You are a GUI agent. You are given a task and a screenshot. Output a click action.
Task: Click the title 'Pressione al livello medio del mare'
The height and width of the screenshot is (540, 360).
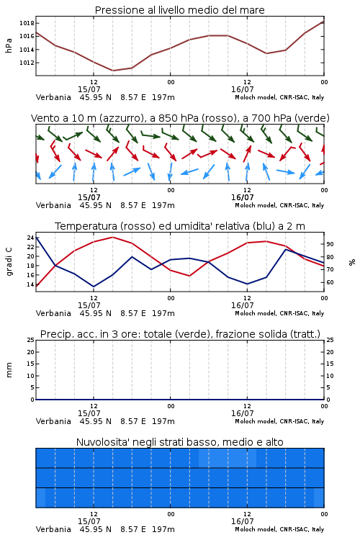click(179, 10)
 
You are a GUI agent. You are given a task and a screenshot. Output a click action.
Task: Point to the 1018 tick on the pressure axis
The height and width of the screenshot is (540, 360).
click(27, 24)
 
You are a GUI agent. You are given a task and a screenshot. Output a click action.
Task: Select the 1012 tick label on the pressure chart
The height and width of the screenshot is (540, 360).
click(27, 63)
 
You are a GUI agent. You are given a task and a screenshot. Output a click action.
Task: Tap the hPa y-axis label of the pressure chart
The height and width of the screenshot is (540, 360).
click(9, 45)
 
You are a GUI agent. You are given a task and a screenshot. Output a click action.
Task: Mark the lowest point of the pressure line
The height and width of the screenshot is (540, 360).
click(112, 71)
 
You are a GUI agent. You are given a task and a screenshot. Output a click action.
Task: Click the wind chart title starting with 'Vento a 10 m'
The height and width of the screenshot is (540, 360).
click(180, 118)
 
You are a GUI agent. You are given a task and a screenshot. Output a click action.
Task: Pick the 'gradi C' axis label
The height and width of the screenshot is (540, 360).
click(9, 261)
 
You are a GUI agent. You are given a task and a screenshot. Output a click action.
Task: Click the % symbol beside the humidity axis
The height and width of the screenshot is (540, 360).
click(352, 262)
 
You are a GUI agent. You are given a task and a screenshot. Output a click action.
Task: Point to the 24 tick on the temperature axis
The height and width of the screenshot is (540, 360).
click(30, 238)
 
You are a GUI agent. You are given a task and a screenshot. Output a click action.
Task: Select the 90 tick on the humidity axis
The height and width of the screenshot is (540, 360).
click(330, 244)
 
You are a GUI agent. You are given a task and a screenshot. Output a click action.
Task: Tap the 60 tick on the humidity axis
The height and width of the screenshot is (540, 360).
click(330, 282)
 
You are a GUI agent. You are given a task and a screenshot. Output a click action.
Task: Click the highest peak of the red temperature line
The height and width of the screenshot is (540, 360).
click(112, 237)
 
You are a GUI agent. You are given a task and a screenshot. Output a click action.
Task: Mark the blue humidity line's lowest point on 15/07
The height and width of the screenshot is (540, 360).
click(94, 287)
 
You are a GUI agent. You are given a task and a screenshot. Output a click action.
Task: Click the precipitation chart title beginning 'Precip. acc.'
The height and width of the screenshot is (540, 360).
click(180, 334)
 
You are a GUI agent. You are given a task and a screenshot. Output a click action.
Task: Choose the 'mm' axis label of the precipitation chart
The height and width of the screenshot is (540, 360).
click(9, 370)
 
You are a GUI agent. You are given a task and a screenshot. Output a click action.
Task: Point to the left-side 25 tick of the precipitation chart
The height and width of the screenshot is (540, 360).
click(31, 340)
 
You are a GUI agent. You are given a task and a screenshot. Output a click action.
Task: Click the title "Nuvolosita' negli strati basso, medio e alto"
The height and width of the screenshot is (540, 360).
click(179, 442)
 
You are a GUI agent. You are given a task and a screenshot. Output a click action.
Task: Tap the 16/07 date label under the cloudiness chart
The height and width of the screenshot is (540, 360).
click(242, 521)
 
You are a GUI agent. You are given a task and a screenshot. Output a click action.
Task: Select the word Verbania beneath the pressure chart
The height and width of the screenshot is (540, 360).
click(53, 97)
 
